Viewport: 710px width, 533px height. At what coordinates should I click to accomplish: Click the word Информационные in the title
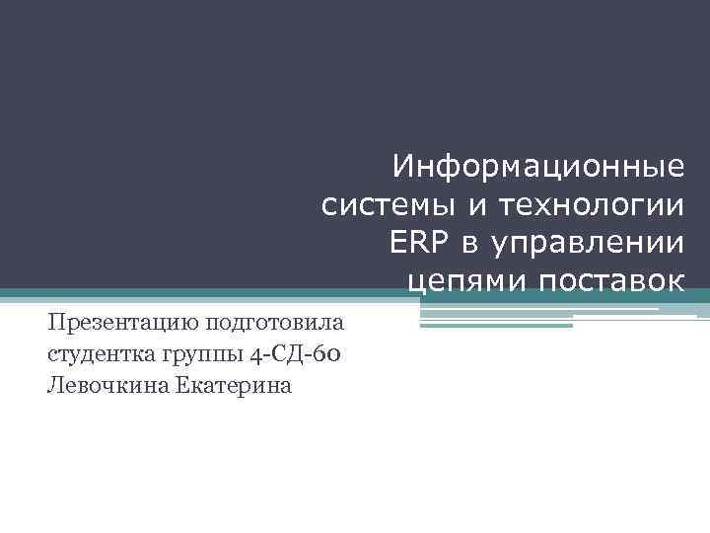[x=537, y=166]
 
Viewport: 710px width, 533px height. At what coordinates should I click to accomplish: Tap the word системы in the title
[x=382, y=205]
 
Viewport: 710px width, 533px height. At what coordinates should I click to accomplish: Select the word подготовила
[x=274, y=323]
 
